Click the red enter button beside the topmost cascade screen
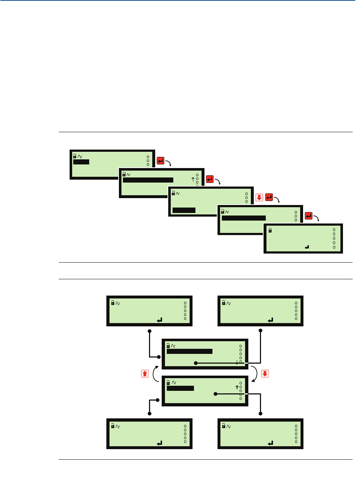point(161,160)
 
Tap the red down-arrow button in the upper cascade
point(259,197)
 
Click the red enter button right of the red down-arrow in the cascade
point(269,197)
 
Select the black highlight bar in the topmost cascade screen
point(81,162)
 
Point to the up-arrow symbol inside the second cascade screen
point(193,179)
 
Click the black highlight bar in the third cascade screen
point(184,210)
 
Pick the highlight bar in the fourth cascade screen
point(244,218)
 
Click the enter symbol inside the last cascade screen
point(307,247)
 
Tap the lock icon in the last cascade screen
point(270,230)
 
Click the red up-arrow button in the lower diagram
point(145,373)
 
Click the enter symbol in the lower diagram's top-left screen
point(160,320)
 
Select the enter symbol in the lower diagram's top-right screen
point(270,320)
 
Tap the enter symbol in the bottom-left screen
point(160,443)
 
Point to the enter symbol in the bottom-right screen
point(270,443)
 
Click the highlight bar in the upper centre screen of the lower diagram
point(190,351)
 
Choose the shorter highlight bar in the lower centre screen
point(180,388)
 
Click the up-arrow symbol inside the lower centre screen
point(237,387)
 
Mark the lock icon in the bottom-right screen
point(224,426)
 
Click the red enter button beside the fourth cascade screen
point(309,216)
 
